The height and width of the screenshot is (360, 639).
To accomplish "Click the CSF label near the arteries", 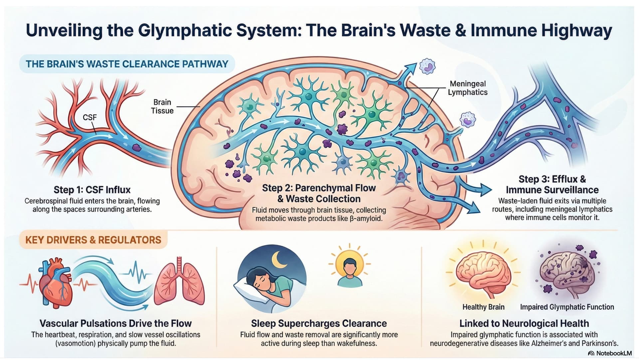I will [x=90, y=117].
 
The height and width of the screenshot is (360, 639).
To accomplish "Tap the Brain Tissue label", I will [x=162, y=106].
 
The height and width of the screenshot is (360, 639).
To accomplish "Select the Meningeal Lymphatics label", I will [x=468, y=88].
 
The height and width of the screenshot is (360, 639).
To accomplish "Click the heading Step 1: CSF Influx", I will [x=92, y=190].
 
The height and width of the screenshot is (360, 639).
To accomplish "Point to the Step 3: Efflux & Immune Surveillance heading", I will [x=552, y=185].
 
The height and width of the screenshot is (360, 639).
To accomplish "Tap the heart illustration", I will [x=56, y=283].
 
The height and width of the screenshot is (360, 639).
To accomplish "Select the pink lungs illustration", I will [x=179, y=283].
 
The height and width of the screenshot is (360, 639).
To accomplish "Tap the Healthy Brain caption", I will [x=483, y=307].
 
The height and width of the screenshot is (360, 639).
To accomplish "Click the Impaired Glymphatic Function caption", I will [x=567, y=307].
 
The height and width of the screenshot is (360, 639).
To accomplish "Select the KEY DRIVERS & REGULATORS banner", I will [x=93, y=240].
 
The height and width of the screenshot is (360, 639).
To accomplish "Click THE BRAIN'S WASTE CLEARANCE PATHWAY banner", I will [x=127, y=64].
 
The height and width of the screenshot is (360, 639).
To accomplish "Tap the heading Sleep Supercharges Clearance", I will [x=319, y=323].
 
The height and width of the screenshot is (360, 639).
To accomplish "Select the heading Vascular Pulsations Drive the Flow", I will [x=115, y=323].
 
